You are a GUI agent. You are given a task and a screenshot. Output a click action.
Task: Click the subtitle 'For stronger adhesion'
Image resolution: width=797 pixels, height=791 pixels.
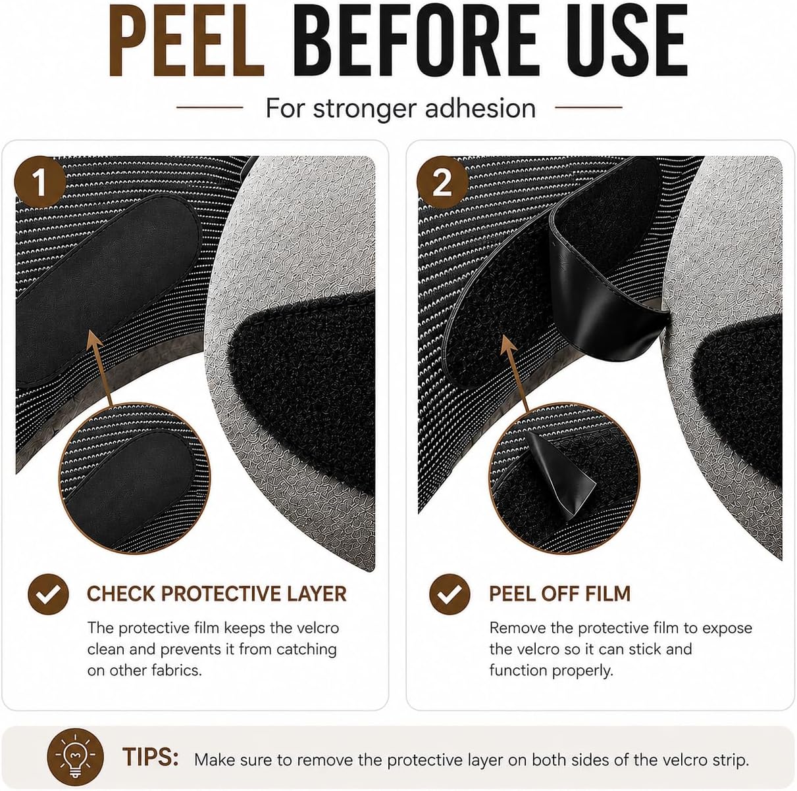pos(400,108)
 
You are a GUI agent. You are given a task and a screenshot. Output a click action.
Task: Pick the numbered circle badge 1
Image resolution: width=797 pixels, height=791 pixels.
pos(40,182)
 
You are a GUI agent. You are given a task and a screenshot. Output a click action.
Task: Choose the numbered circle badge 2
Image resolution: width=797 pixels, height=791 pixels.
pos(442,182)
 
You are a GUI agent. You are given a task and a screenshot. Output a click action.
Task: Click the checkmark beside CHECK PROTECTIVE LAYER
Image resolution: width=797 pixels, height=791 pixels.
pos(48,594)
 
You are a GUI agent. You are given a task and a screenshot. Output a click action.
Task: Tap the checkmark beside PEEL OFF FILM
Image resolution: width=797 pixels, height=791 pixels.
pos(450,594)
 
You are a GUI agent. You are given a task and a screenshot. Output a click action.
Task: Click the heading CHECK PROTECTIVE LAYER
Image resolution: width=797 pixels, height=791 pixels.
pos(217,594)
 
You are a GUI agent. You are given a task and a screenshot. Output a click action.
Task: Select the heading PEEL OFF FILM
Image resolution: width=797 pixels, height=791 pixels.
pos(559,594)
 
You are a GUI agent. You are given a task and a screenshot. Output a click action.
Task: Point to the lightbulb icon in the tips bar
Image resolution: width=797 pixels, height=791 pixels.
pos(75,757)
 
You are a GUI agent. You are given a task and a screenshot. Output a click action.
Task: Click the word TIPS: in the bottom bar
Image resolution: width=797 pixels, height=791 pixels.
pos(151,757)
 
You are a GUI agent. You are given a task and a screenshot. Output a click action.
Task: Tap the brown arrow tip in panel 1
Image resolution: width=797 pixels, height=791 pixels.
pos(92,332)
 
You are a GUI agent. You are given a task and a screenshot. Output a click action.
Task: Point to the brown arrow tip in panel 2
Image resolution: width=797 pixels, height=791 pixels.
pos(507,336)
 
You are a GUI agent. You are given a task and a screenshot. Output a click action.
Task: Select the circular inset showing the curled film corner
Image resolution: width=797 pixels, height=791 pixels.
pos(565,478)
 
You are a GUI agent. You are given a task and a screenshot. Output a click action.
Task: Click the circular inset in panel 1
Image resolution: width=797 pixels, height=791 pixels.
pos(134,478)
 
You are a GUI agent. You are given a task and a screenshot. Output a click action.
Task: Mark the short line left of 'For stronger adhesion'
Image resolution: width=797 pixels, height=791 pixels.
pos(210,107)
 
